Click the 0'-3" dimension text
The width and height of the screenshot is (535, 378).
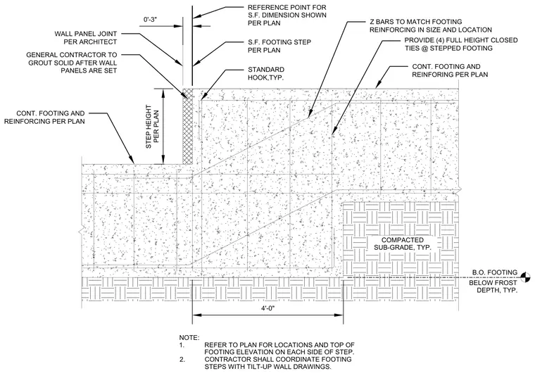[149, 20]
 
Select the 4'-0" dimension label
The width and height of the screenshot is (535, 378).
[267, 308]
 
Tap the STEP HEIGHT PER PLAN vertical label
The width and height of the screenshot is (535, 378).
[153, 127]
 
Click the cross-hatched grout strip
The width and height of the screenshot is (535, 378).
[187, 126]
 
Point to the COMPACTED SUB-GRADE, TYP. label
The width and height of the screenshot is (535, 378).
[402, 244]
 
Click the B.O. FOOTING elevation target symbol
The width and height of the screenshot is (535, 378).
[525, 278]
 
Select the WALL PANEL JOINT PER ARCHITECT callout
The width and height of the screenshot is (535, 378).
[86, 38]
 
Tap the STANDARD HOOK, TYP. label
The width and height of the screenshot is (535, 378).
[266, 74]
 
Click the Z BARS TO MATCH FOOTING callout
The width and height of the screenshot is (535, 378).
[431, 25]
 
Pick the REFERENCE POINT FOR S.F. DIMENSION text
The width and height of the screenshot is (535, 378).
[287, 15]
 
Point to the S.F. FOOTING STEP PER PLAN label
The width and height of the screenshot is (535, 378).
[279, 46]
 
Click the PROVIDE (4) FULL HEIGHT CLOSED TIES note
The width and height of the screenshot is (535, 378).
[461, 44]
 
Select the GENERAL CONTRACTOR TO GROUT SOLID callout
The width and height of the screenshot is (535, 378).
[72, 63]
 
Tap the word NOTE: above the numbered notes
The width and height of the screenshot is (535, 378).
[189, 338]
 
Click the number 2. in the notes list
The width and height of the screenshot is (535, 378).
[182, 359]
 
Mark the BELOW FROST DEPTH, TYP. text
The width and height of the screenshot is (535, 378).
[493, 286]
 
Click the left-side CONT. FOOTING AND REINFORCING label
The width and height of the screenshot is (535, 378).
[44, 117]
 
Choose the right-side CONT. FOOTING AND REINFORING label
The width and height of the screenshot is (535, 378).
[450, 70]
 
